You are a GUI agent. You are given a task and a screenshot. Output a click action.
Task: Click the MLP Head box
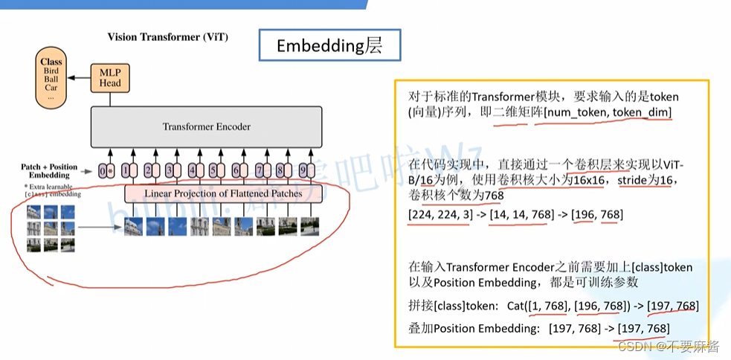110,77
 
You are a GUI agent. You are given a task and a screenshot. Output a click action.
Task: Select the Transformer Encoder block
207,126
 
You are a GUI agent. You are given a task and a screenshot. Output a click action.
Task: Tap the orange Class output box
51,76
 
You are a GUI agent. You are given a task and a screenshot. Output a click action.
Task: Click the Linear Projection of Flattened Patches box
223,193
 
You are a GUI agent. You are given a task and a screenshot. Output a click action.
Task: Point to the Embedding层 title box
329,45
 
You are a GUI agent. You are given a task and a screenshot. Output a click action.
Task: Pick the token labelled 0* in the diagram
105,170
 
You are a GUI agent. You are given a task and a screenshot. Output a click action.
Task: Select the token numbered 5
213,170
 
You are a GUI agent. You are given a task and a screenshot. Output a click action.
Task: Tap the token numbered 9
303,170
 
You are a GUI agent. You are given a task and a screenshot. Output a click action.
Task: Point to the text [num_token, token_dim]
603,112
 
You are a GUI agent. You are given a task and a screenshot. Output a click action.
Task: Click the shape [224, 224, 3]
439,215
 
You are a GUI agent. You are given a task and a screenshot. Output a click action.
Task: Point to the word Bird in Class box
51,71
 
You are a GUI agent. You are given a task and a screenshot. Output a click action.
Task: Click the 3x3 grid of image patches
51,228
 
